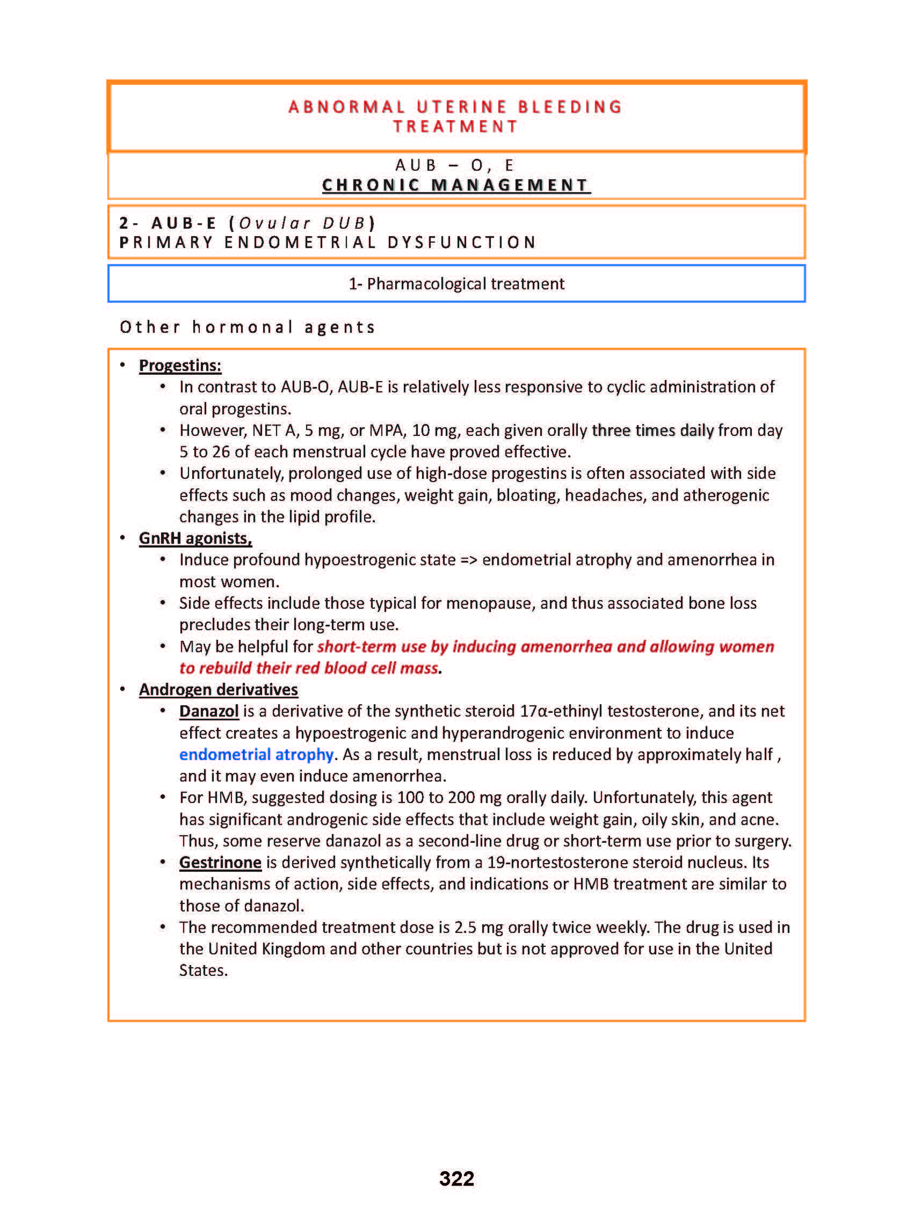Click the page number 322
[456, 1178]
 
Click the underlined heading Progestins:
[180, 366]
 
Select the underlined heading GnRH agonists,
[195, 538]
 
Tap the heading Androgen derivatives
[219, 689]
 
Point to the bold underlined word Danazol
[209, 711]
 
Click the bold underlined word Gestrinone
[220, 862]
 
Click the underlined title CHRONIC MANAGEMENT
[456, 185]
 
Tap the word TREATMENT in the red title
[456, 127]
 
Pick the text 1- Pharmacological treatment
[456, 284]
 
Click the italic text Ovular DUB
[302, 223]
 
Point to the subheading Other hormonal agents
[248, 327]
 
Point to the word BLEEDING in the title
[570, 107]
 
